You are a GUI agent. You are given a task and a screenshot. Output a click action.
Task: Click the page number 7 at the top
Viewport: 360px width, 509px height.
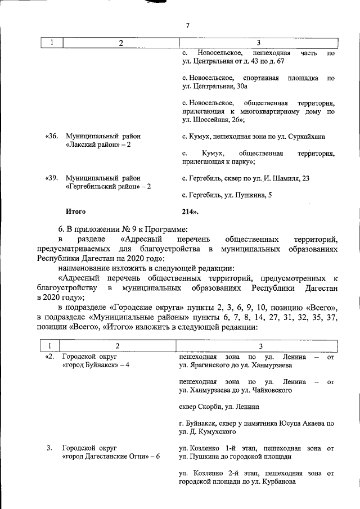pos(188,25)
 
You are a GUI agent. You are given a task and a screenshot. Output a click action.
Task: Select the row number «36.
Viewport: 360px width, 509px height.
pos(52,137)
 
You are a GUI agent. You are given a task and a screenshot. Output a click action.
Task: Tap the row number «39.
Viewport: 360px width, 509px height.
pos(52,178)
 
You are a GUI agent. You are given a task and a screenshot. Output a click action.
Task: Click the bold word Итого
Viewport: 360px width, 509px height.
pos(75,212)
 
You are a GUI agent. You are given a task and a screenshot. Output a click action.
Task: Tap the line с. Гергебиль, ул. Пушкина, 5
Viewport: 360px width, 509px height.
pos(227,195)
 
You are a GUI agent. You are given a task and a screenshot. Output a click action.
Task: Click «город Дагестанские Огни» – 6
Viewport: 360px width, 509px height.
pos(111,456)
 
